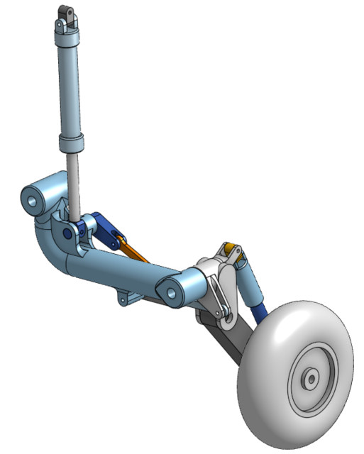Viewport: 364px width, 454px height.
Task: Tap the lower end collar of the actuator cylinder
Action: click(x=72, y=142)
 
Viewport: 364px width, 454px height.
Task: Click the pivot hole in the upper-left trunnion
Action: click(x=32, y=198)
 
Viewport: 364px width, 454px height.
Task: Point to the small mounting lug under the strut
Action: click(x=124, y=297)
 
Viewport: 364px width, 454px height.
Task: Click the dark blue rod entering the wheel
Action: click(x=261, y=312)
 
